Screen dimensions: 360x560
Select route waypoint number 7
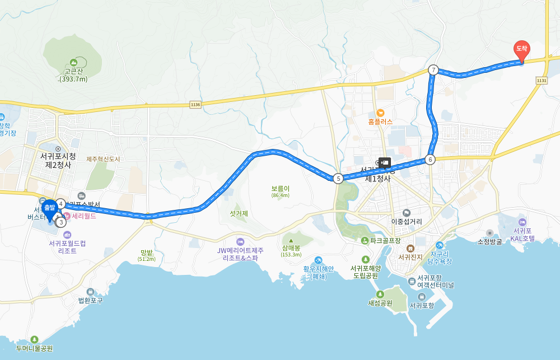pyautogui.click(x=433, y=70)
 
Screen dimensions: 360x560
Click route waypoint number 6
pyautogui.click(x=430, y=160)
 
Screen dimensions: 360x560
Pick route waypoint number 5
pyautogui.click(x=338, y=179)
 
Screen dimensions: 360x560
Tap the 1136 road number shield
pyautogui.click(x=195, y=104)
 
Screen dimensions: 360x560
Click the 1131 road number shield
pyautogui.click(x=541, y=81)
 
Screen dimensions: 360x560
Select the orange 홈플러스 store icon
pyautogui.click(x=380, y=113)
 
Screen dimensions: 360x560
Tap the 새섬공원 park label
pyautogui.click(x=380, y=303)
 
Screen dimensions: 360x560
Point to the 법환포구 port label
pyautogui.click(x=90, y=300)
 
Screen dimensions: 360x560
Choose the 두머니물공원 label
pyautogui.click(x=34, y=348)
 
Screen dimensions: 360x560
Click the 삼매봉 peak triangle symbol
pyautogui.click(x=291, y=241)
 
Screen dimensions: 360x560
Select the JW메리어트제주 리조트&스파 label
pyautogui.click(x=241, y=254)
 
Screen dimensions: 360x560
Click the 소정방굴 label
pyautogui.click(x=489, y=242)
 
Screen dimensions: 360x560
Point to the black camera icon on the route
pyautogui.click(x=385, y=162)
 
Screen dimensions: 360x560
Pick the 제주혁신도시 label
pyautogui.click(x=103, y=159)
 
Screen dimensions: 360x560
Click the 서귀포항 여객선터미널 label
pyautogui.click(x=435, y=281)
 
